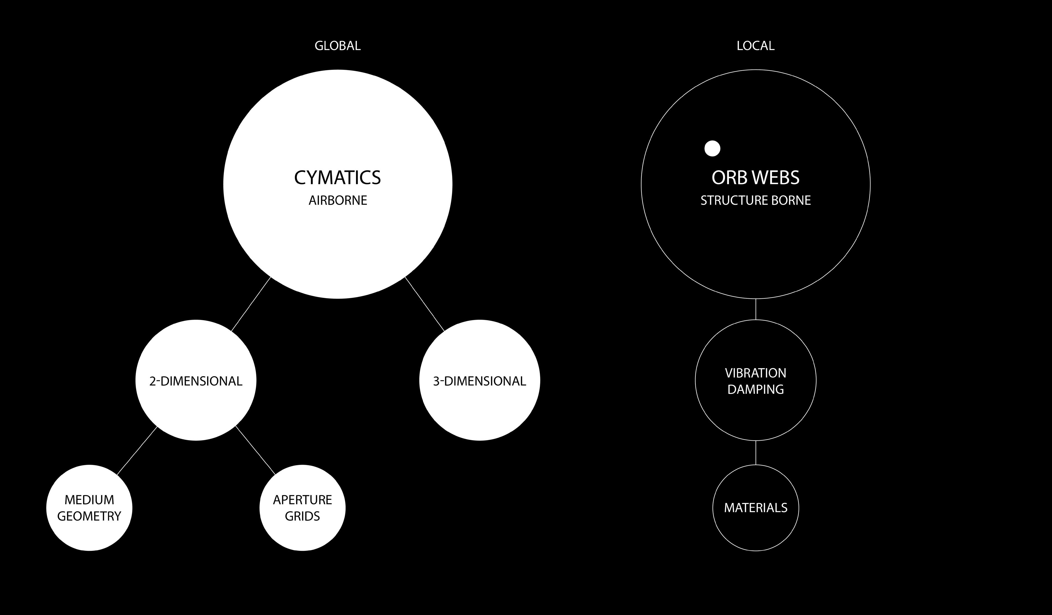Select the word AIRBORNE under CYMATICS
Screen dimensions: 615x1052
tap(338, 201)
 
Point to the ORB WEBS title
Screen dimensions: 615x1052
tap(755, 178)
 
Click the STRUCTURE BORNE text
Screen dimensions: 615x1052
tap(755, 201)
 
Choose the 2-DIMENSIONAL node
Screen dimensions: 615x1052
tap(196, 381)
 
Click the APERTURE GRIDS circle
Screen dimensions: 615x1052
tap(302, 508)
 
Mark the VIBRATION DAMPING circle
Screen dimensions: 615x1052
tap(755, 381)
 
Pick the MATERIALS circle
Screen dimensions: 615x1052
tap(755, 508)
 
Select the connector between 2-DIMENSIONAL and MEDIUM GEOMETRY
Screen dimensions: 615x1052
tap(137, 451)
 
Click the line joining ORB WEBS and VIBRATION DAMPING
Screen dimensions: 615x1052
tap(756, 309)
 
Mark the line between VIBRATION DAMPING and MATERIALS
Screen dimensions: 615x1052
tap(756, 453)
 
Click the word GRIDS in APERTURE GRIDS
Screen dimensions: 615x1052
tap(302, 516)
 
